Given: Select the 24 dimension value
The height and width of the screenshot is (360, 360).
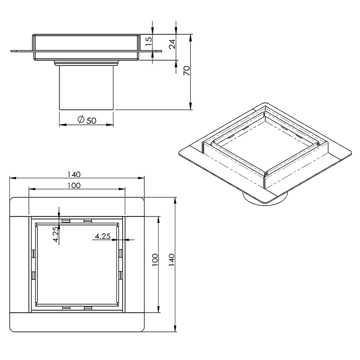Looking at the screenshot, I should tap(172, 44).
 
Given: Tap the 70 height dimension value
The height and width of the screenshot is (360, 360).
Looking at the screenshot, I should tap(186, 71).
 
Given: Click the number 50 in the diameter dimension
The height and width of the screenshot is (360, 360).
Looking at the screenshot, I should tap(91, 120).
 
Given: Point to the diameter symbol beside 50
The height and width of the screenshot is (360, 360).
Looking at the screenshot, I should tap(81, 120).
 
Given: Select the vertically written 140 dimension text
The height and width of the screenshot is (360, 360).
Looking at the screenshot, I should tap(171, 260).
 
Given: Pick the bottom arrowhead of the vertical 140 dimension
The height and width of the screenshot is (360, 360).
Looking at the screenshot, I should tap(175, 329).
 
